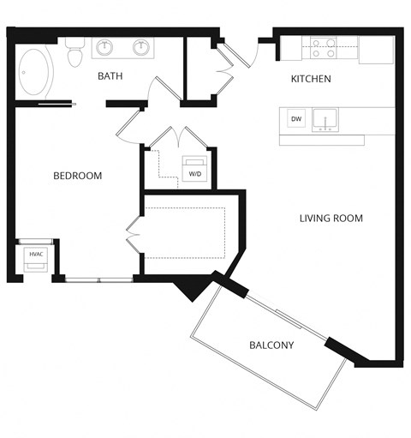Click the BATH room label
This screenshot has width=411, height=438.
tap(110, 76)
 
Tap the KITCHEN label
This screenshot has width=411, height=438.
tap(311, 80)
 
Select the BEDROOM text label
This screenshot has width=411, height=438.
tap(77, 176)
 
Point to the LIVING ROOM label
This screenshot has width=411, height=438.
tap(331, 219)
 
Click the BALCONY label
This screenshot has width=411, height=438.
tap(271, 345)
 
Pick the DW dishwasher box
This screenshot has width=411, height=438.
tap(295, 119)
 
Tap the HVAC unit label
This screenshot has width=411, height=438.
tap(36, 255)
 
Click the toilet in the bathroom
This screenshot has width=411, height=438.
tap(74, 53)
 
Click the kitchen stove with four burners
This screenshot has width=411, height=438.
tap(323, 47)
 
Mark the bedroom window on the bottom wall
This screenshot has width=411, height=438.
tap(98, 279)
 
